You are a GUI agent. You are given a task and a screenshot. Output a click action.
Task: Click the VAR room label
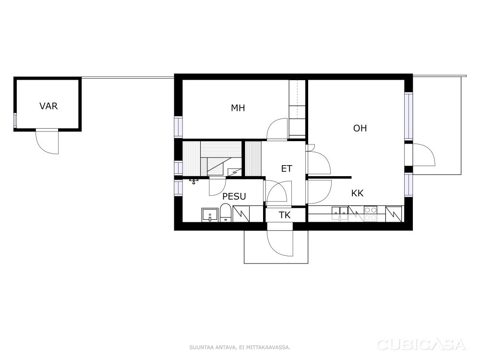point(48,106)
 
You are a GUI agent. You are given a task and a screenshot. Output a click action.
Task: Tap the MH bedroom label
point(238,108)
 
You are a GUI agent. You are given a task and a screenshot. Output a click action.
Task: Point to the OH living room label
point(360,128)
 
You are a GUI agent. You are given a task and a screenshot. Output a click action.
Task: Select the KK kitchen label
point(357,193)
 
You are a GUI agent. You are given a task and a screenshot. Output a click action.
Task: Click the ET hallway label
point(287,168)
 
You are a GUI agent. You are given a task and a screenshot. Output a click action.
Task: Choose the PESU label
point(234,196)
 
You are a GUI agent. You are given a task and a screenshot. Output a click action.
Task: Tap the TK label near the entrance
point(285,215)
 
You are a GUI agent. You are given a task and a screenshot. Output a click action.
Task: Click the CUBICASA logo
point(421,345)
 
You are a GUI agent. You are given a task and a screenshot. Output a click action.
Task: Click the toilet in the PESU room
point(226,213)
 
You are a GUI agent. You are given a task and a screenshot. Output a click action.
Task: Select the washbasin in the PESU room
point(210,215)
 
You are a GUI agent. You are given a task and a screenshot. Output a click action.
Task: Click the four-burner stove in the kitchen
point(371,214)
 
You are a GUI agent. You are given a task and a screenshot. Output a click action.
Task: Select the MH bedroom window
point(178,127)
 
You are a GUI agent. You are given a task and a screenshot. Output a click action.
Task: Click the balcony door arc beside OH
point(424,156)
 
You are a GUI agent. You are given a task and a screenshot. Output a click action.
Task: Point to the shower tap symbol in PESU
point(193,181)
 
